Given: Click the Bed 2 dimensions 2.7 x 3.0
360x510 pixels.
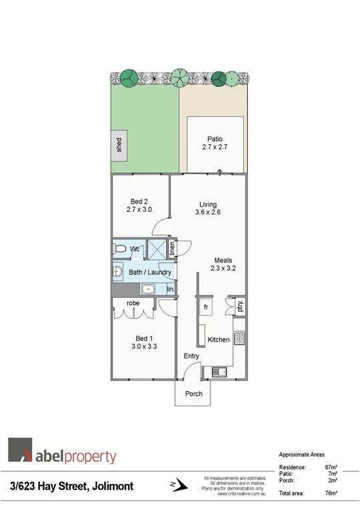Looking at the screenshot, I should pyautogui.click(x=139, y=209).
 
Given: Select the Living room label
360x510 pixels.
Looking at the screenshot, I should pyautogui.click(x=208, y=205).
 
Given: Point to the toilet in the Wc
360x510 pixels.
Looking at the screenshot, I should pyautogui.click(x=121, y=249).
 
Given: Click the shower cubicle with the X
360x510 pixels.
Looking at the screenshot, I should pyautogui.click(x=156, y=250).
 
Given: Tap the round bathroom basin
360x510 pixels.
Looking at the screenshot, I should pyautogui.click(x=117, y=272).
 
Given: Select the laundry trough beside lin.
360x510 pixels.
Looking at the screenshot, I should pyautogui.click(x=148, y=289).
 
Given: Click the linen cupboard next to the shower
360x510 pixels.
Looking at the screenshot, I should pyautogui.click(x=172, y=249).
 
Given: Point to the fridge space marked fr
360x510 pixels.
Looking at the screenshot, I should pyautogui.click(x=206, y=307).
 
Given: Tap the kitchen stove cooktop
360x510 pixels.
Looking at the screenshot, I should pyautogui.click(x=238, y=338).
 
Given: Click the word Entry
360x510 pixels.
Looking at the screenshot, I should pyautogui.click(x=192, y=356).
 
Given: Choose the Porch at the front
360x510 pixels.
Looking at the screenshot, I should pyautogui.click(x=194, y=394).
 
